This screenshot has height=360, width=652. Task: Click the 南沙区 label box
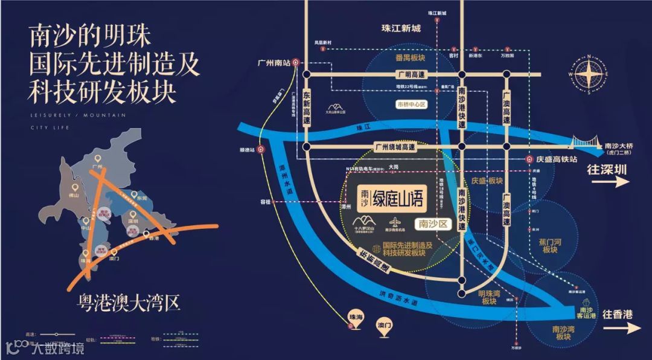click(433, 223)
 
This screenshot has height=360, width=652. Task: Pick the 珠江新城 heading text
click(401, 28)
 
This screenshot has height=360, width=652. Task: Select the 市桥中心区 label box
click(411, 104)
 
